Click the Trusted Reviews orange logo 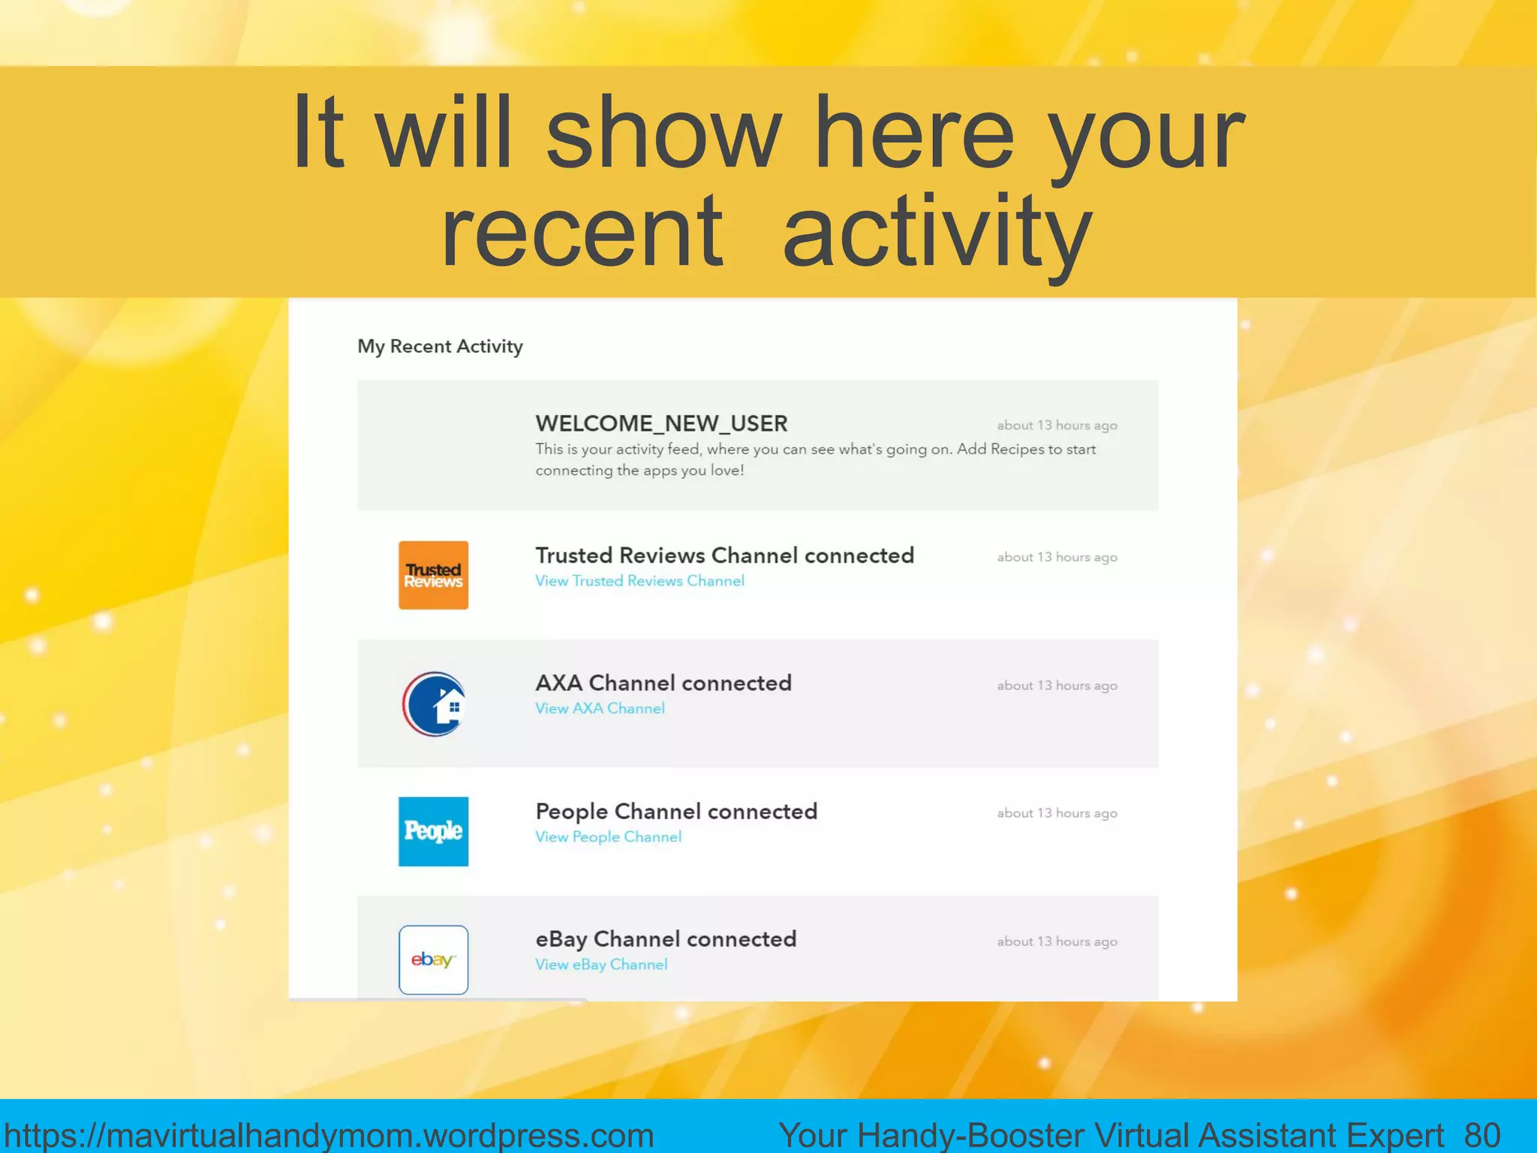tap(433, 575)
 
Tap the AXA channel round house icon tap(434, 704)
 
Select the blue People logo tap(433, 832)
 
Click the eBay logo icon tap(433, 959)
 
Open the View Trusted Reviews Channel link tap(639, 581)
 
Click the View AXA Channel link tap(600, 709)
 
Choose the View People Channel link tap(608, 837)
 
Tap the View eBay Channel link tap(601, 965)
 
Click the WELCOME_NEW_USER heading tap(661, 423)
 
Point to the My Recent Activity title tap(440, 346)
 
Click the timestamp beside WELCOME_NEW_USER tap(1057, 426)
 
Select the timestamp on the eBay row tap(1057, 941)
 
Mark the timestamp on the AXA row tap(1057, 685)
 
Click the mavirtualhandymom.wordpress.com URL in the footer tap(329, 1135)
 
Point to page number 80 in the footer tap(1482, 1135)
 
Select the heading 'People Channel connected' tap(676, 811)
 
